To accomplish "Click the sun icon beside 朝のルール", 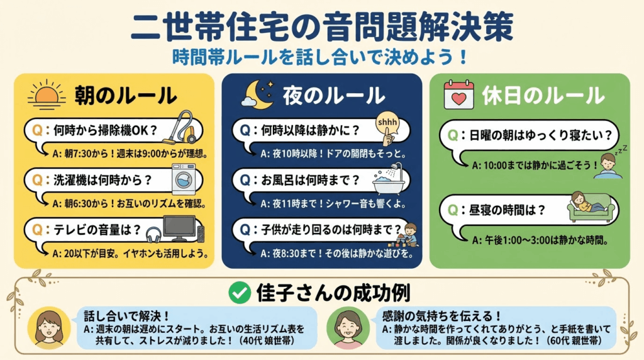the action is [47, 94].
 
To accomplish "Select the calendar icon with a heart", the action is [458, 95].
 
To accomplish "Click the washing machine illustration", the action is [184, 179].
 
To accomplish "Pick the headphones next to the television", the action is [154, 235].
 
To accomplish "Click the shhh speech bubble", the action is [387, 123].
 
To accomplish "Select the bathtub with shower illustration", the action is [389, 179].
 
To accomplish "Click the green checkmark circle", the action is [240, 293].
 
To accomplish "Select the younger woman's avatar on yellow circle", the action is [49, 327].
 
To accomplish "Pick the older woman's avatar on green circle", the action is [348, 327].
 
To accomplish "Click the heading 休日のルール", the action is [543, 96].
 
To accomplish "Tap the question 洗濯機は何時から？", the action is [103, 180].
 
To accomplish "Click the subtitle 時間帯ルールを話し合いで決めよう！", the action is [320, 57].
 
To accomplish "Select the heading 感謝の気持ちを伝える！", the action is [441, 315].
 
